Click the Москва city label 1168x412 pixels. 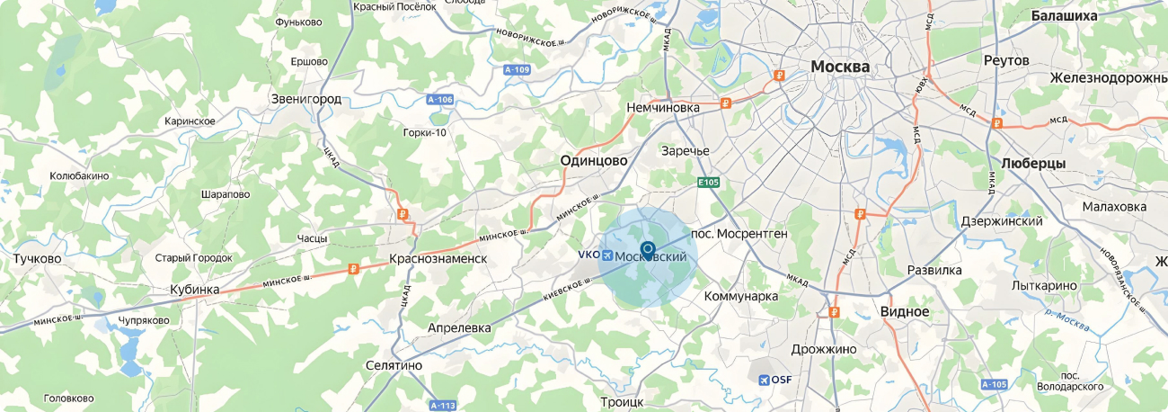pyautogui.click(x=840, y=67)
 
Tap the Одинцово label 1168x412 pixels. pyautogui.click(x=594, y=159)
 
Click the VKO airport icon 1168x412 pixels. pyautogui.click(x=607, y=255)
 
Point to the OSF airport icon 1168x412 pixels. pyautogui.click(x=764, y=380)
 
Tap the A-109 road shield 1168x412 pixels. pyautogui.click(x=517, y=69)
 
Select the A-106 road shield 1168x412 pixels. pyautogui.click(x=440, y=99)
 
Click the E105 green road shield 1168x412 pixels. pyautogui.click(x=709, y=183)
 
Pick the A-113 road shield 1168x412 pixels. pyautogui.click(x=443, y=405)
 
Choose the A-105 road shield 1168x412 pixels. pyautogui.click(x=994, y=385)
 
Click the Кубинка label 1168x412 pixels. pyautogui.click(x=195, y=290)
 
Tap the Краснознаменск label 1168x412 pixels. pyautogui.click(x=438, y=259)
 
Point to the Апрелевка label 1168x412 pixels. pyautogui.click(x=459, y=328)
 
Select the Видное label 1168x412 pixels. pyautogui.click(x=905, y=311)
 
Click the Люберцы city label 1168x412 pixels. pyautogui.click(x=1032, y=164)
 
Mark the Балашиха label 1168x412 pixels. pyautogui.click(x=1064, y=16)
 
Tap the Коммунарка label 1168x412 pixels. pyautogui.click(x=740, y=296)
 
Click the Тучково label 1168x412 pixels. pyautogui.click(x=38, y=259)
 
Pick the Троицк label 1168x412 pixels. pyautogui.click(x=622, y=401)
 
